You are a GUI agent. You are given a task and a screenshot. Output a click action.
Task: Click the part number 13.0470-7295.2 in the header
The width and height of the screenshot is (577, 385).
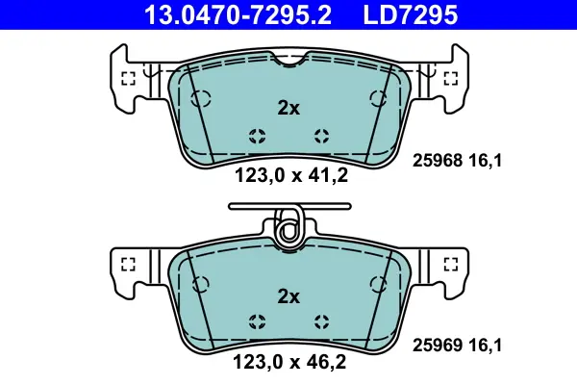tap(238, 15)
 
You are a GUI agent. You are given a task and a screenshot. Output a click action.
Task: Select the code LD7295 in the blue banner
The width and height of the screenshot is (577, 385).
tap(411, 15)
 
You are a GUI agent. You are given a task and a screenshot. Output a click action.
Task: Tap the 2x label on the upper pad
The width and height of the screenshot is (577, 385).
tap(288, 108)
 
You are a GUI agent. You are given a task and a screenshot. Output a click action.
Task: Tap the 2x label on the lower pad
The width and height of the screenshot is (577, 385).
tap(288, 296)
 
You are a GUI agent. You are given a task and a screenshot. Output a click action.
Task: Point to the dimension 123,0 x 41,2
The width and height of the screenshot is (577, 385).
tap(291, 175)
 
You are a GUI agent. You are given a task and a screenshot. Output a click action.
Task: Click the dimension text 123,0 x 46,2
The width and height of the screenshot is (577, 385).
tap(289, 362)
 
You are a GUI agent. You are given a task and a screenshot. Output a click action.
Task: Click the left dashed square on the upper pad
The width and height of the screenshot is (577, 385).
tap(129, 78)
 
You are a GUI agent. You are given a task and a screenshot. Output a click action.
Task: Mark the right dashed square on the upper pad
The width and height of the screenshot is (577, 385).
tap(451, 78)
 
